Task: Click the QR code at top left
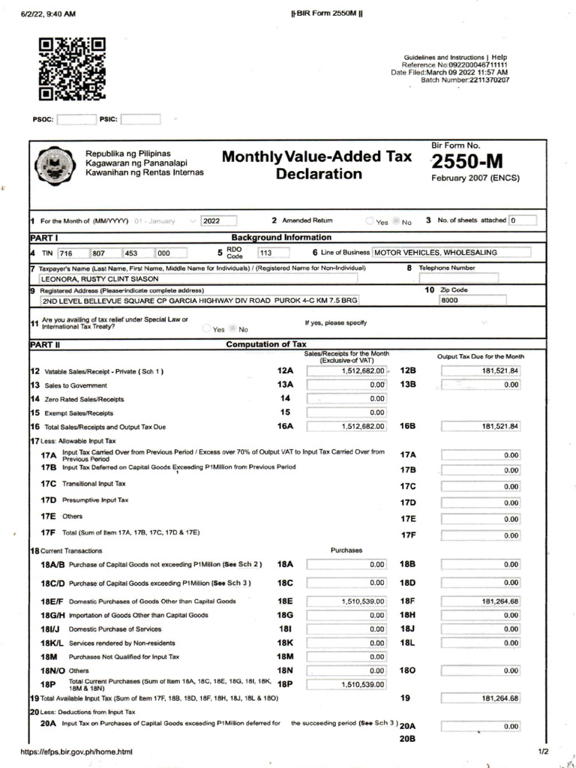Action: coord(71,69)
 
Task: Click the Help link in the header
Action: coord(499,57)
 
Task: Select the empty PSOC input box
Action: coord(76,118)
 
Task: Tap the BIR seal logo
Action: coord(54,167)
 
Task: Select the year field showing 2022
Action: coord(218,221)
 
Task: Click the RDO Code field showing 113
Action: coord(273,253)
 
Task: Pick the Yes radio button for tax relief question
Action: coord(207,328)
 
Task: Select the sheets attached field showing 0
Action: coord(523,220)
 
